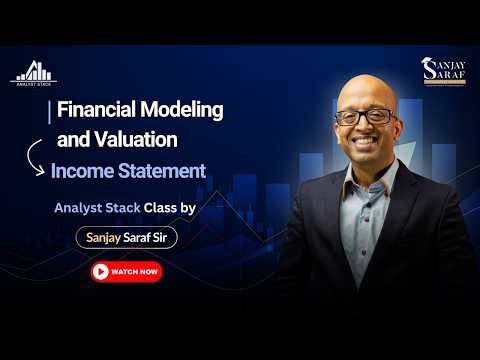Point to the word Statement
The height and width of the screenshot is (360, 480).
[x=164, y=171]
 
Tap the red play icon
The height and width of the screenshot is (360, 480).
[x=100, y=271]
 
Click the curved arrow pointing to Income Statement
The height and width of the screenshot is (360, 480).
[x=34, y=157]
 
